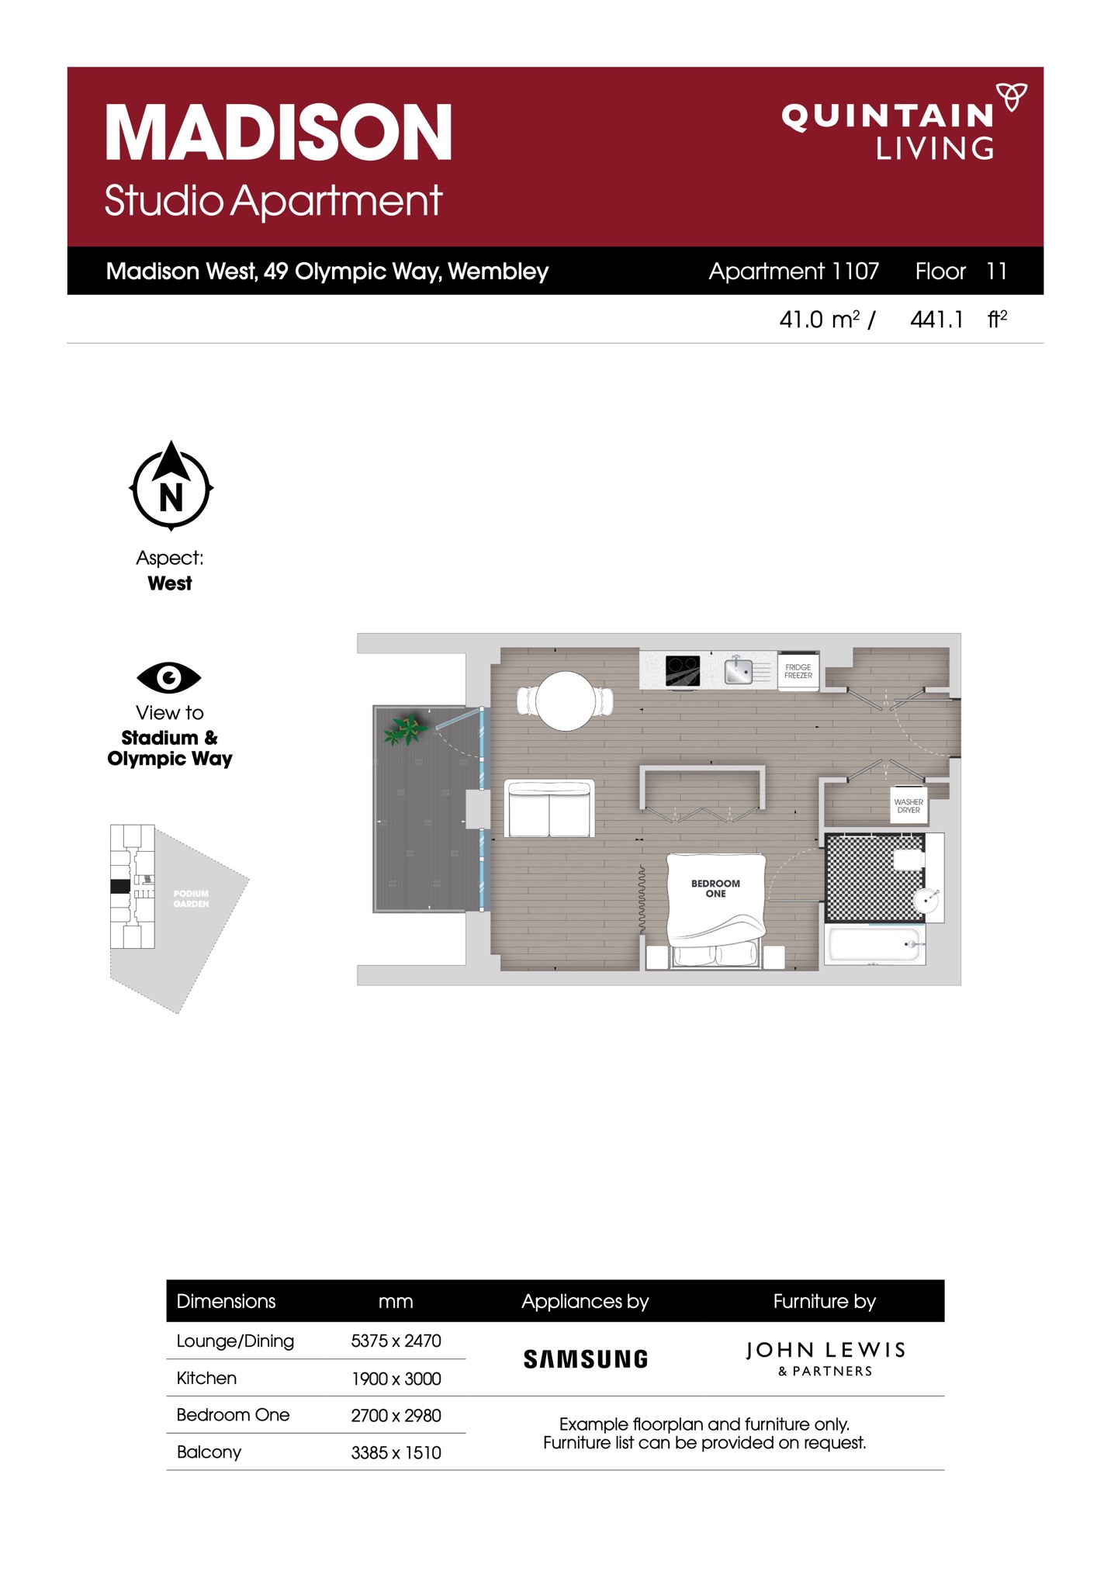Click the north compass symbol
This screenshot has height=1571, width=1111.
point(171,486)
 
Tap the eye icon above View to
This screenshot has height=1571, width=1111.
point(169,677)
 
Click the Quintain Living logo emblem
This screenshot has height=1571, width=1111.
point(1011,96)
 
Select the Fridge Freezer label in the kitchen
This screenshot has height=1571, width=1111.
point(798,671)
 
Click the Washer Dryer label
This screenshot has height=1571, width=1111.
point(909,806)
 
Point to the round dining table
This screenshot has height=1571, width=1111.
point(566,701)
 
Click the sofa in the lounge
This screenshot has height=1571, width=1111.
point(549,808)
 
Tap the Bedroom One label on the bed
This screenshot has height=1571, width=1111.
point(715,888)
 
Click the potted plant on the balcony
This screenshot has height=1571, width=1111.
point(406,728)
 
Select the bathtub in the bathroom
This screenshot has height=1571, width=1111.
point(875,944)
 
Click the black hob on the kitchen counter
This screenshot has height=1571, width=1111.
point(683,670)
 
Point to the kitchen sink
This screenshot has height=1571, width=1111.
point(738,670)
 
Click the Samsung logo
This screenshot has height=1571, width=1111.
point(586,1359)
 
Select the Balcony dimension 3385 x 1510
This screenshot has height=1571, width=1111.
point(396,1452)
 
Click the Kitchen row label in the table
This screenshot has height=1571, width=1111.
point(206,1378)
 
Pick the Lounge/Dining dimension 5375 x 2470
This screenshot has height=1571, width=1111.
point(396,1341)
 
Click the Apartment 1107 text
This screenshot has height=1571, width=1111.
point(794,271)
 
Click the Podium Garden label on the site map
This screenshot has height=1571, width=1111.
point(191,898)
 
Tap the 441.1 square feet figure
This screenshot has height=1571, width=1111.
point(936,319)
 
